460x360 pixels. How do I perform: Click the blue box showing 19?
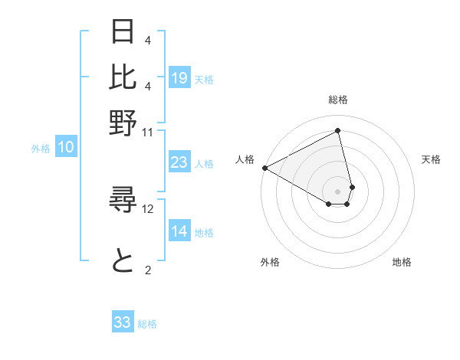pyautogui.click(x=179, y=77)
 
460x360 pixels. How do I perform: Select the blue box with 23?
pyautogui.click(x=179, y=162)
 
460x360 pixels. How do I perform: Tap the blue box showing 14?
pyautogui.click(x=179, y=232)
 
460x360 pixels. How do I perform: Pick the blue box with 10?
pyautogui.click(x=66, y=148)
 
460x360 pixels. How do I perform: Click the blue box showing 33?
pyautogui.click(x=123, y=322)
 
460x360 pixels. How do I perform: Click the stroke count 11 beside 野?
pyautogui.click(x=147, y=132)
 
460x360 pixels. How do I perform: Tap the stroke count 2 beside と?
pyautogui.click(x=147, y=269)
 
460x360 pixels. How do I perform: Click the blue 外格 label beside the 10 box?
pyautogui.click(x=41, y=149)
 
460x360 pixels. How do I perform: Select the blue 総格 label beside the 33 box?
pyautogui.click(x=147, y=324)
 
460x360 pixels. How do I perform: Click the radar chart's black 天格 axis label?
pyautogui.click(x=431, y=159)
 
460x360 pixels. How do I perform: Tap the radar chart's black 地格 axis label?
pyautogui.click(x=402, y=262)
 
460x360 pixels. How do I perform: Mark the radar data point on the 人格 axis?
pyautogui.click(x=264, y=167)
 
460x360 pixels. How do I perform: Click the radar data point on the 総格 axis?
pyautogui.click(x=338, y=131)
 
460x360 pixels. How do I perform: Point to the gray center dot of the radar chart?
pyautogui.click(x=338, y=191)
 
